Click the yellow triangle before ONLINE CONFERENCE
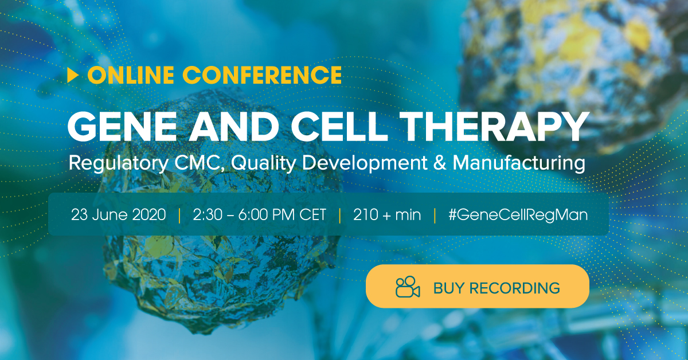[x=73, y=75]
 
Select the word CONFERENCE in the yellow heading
[x=262, y=75]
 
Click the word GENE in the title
[x=122, y=127]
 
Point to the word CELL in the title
[x=339, y=127]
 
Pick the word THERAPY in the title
[x=494, y=127]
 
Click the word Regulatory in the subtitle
[x=118, y=163]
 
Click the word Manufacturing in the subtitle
[x=519, y=163]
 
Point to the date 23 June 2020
[x=119, y=215]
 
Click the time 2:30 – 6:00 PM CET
[x=259, y=215]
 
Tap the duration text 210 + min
[x=387, y=215]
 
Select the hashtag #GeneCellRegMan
[x=518, y=215]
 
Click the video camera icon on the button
[x=408, y=287]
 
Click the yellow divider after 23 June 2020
[x=179, y=216]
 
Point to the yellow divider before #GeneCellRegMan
[x=435, y=216]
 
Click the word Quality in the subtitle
[x=264, y=163]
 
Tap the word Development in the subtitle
[x=365, y=163]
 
